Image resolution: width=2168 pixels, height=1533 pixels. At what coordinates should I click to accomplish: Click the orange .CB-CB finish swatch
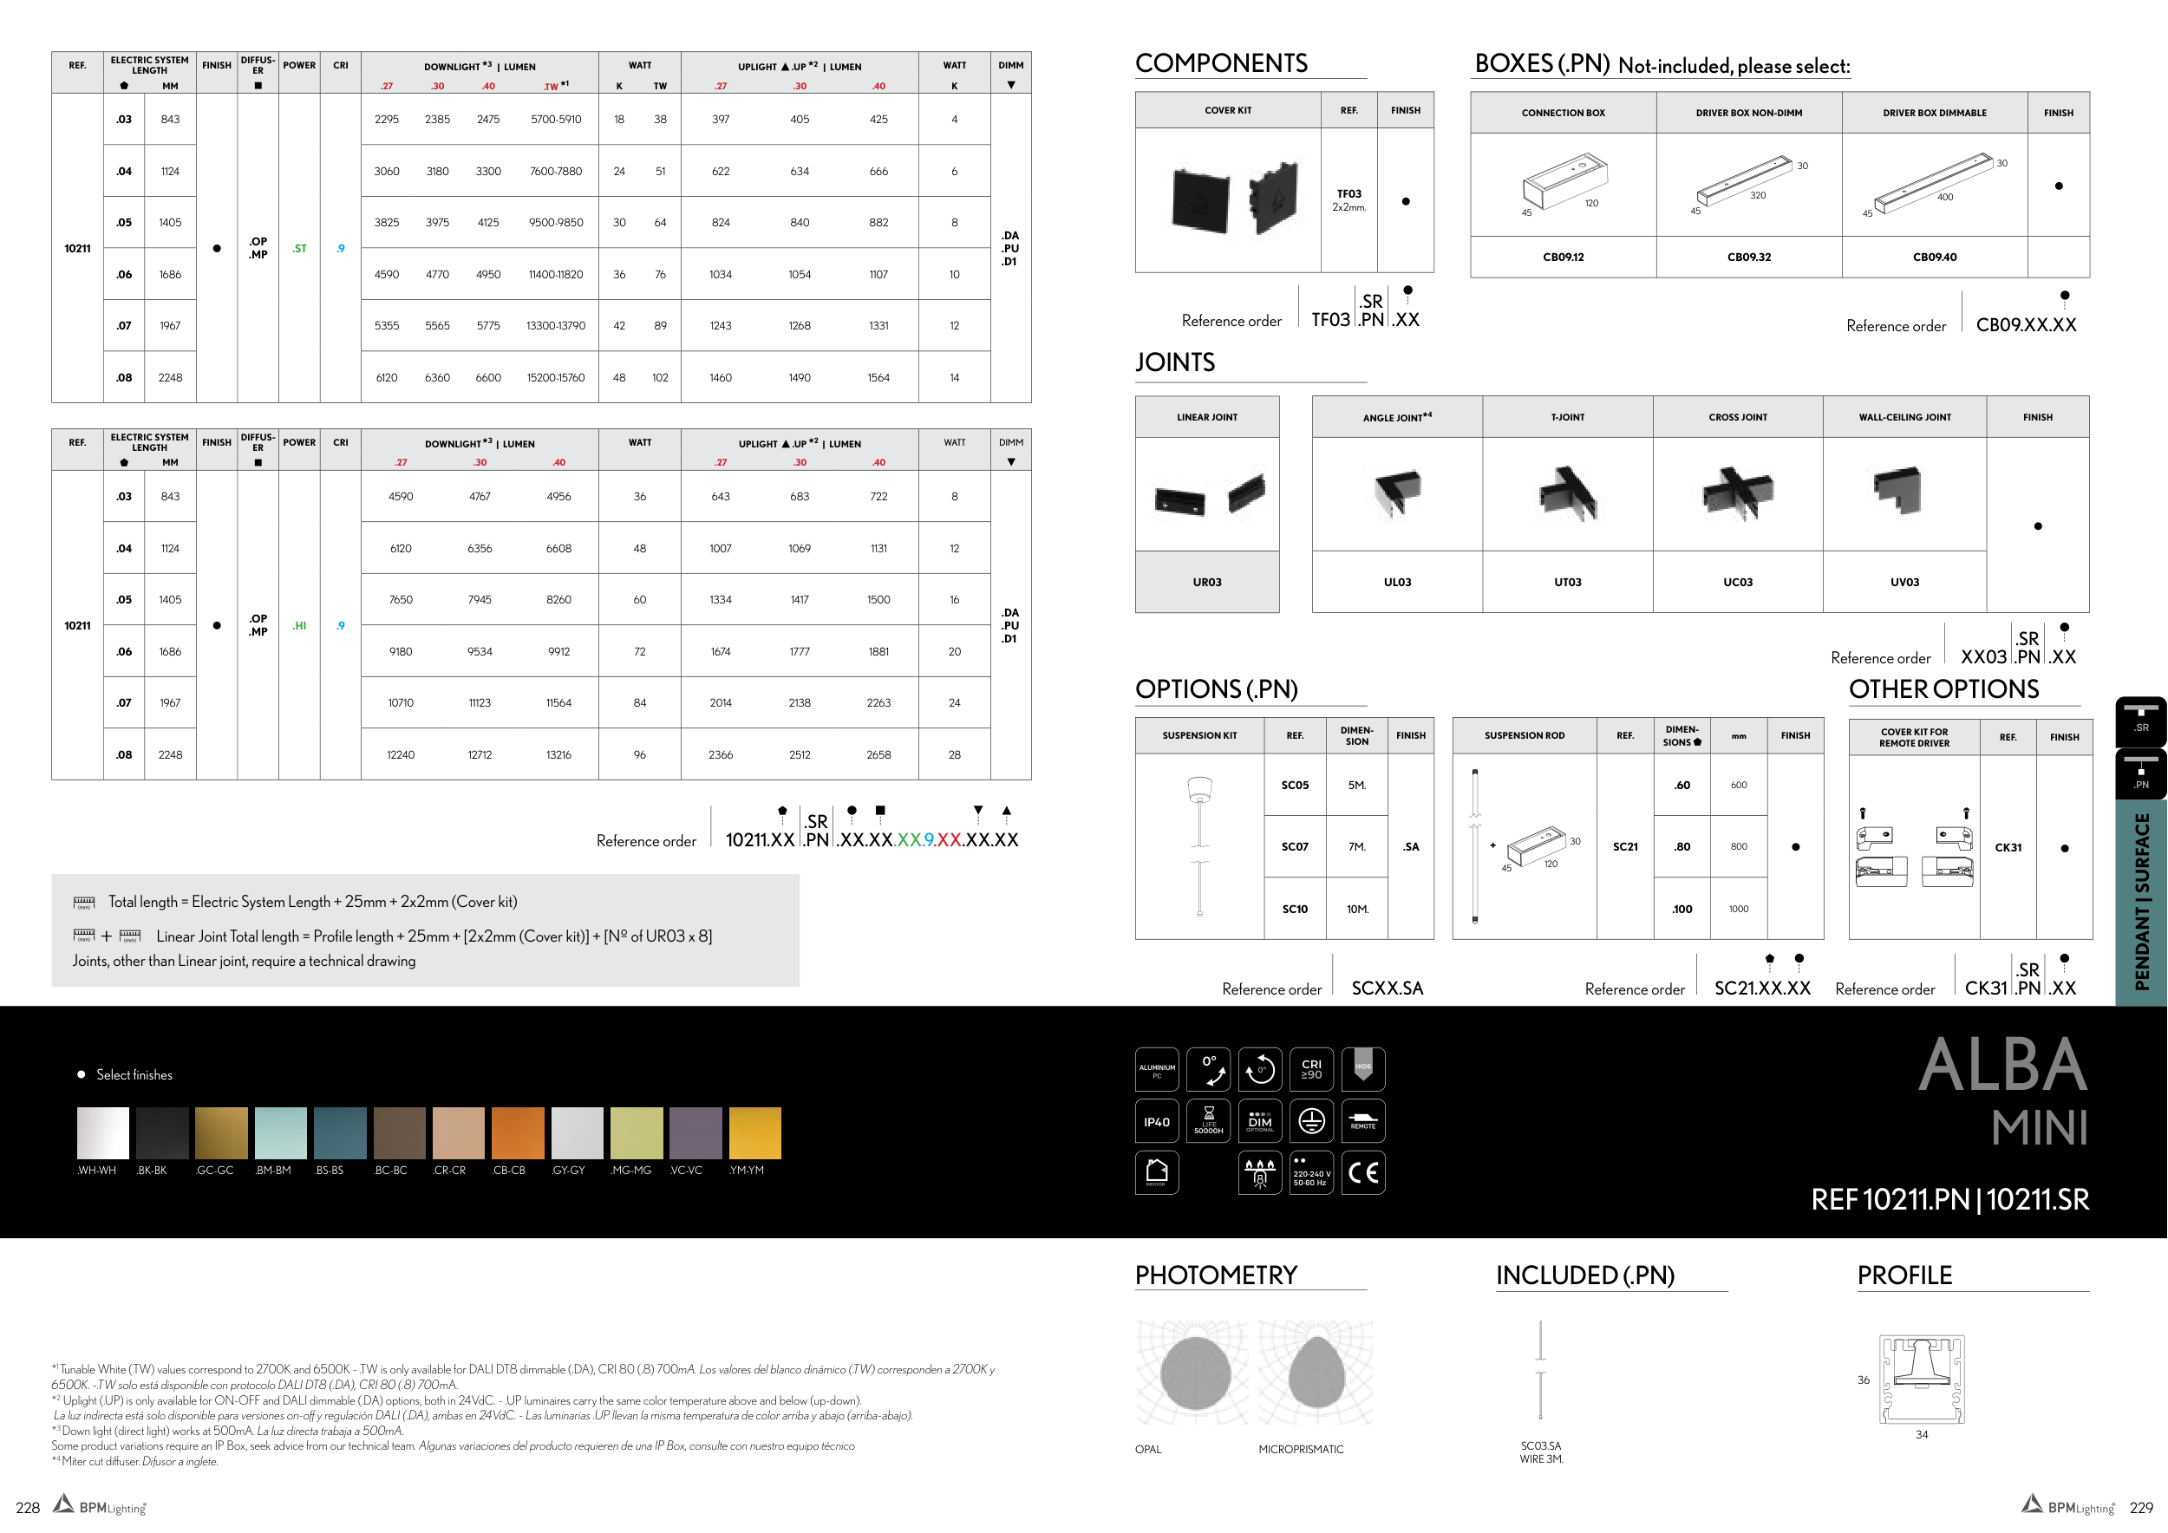(519, 1132)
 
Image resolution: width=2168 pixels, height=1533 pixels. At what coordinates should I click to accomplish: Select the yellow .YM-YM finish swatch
(755, 1132)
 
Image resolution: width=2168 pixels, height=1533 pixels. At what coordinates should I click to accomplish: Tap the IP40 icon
(1157, 1121)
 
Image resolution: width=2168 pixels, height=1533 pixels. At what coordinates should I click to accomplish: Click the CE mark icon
(1363, 1173)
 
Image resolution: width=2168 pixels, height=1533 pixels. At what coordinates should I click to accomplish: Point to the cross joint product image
(1737, 493)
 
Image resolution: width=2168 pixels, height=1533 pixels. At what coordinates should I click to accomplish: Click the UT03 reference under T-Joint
(1567, 583)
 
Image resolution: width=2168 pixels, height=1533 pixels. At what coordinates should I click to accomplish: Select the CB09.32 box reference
(1749, 257)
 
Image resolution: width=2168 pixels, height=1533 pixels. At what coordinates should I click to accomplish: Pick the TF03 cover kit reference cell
(1349, 200)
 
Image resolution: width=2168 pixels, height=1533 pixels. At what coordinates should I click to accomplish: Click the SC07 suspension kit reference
(1295, 847)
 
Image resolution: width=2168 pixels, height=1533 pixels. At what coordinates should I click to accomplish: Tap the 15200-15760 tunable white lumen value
(556, 377)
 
